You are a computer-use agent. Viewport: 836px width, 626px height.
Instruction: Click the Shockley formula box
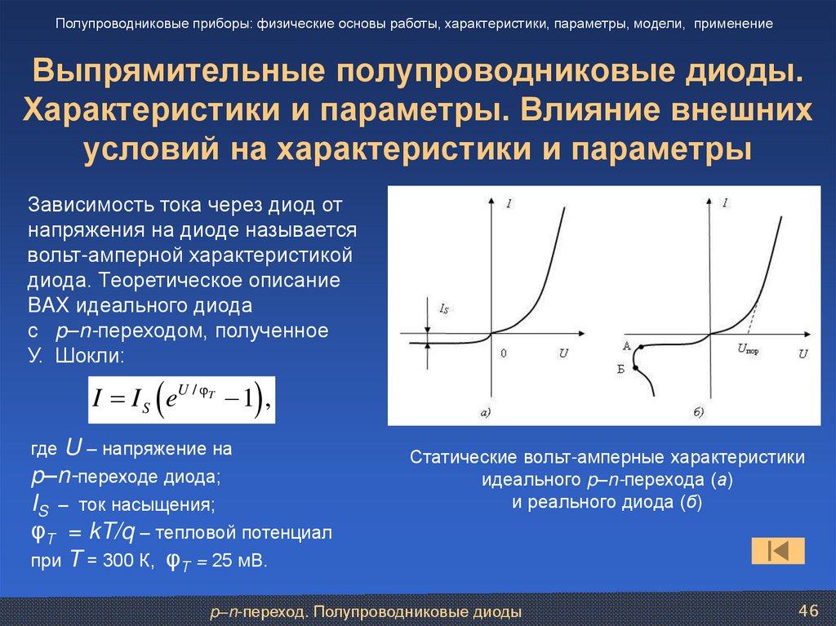pos(181,399)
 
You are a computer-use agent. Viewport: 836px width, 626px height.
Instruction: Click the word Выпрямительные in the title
pos(172,72)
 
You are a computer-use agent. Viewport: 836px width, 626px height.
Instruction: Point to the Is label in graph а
pos(443,309)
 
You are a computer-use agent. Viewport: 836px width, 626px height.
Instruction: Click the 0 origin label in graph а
pos(503,353)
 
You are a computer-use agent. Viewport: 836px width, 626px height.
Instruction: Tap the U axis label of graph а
pos(563,353)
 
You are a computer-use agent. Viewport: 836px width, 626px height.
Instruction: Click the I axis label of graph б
pos(726,202)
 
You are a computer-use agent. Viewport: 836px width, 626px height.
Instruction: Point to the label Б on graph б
pos(621,370)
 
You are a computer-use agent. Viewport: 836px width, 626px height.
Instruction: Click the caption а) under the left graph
pos(485,413)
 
